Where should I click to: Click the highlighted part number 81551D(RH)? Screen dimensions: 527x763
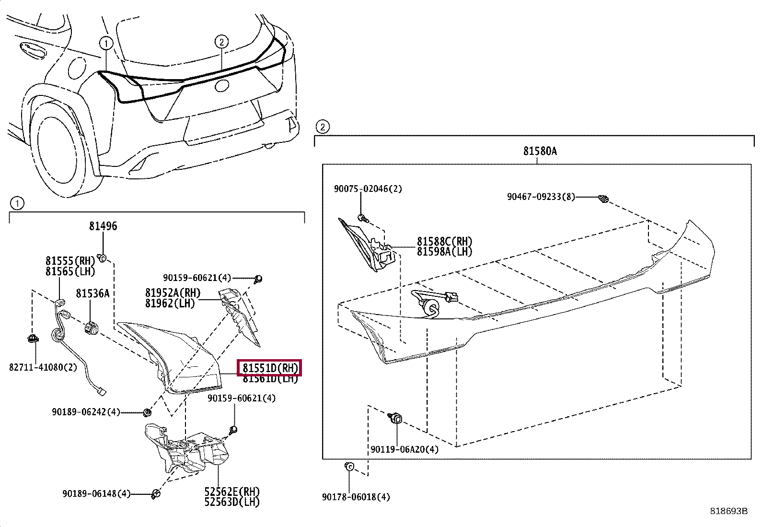coord(270,368)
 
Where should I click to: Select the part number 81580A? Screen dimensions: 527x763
coord(540,151)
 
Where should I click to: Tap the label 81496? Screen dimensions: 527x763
coord(103,226)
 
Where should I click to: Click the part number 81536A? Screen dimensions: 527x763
coord(92,293)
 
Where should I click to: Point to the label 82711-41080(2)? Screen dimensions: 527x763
coord(43,367)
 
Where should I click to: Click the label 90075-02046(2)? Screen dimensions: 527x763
coord(368,189)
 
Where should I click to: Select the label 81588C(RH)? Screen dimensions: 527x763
coord(444,241)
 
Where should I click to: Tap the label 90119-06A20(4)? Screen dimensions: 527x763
coord(404,449)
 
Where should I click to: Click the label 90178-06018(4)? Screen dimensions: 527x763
coord(356,497)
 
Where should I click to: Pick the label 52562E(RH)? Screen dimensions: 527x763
coord(232,492)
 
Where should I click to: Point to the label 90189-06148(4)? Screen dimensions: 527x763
coord(96,493)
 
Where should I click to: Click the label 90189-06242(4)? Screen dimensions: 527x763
coord(86,412)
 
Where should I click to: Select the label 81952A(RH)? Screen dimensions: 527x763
coord(173,293)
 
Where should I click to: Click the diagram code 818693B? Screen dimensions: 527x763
coord(728,511)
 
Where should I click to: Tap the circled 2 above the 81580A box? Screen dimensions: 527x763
coord(323,127)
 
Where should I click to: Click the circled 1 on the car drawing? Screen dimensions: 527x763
coord(106,44)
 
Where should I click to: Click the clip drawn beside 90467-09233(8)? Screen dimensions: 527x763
coord(603,198)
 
